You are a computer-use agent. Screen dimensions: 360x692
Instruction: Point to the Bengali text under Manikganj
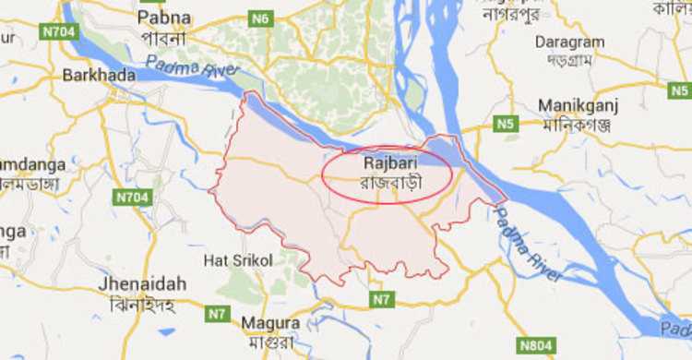[579, 124]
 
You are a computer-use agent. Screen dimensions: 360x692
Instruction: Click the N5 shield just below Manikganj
[505, 124]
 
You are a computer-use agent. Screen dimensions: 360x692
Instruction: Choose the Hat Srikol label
[238, 261]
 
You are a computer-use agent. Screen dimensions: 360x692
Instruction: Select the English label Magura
[269, 323]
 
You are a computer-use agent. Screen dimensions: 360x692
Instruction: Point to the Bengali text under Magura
[270, 341]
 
